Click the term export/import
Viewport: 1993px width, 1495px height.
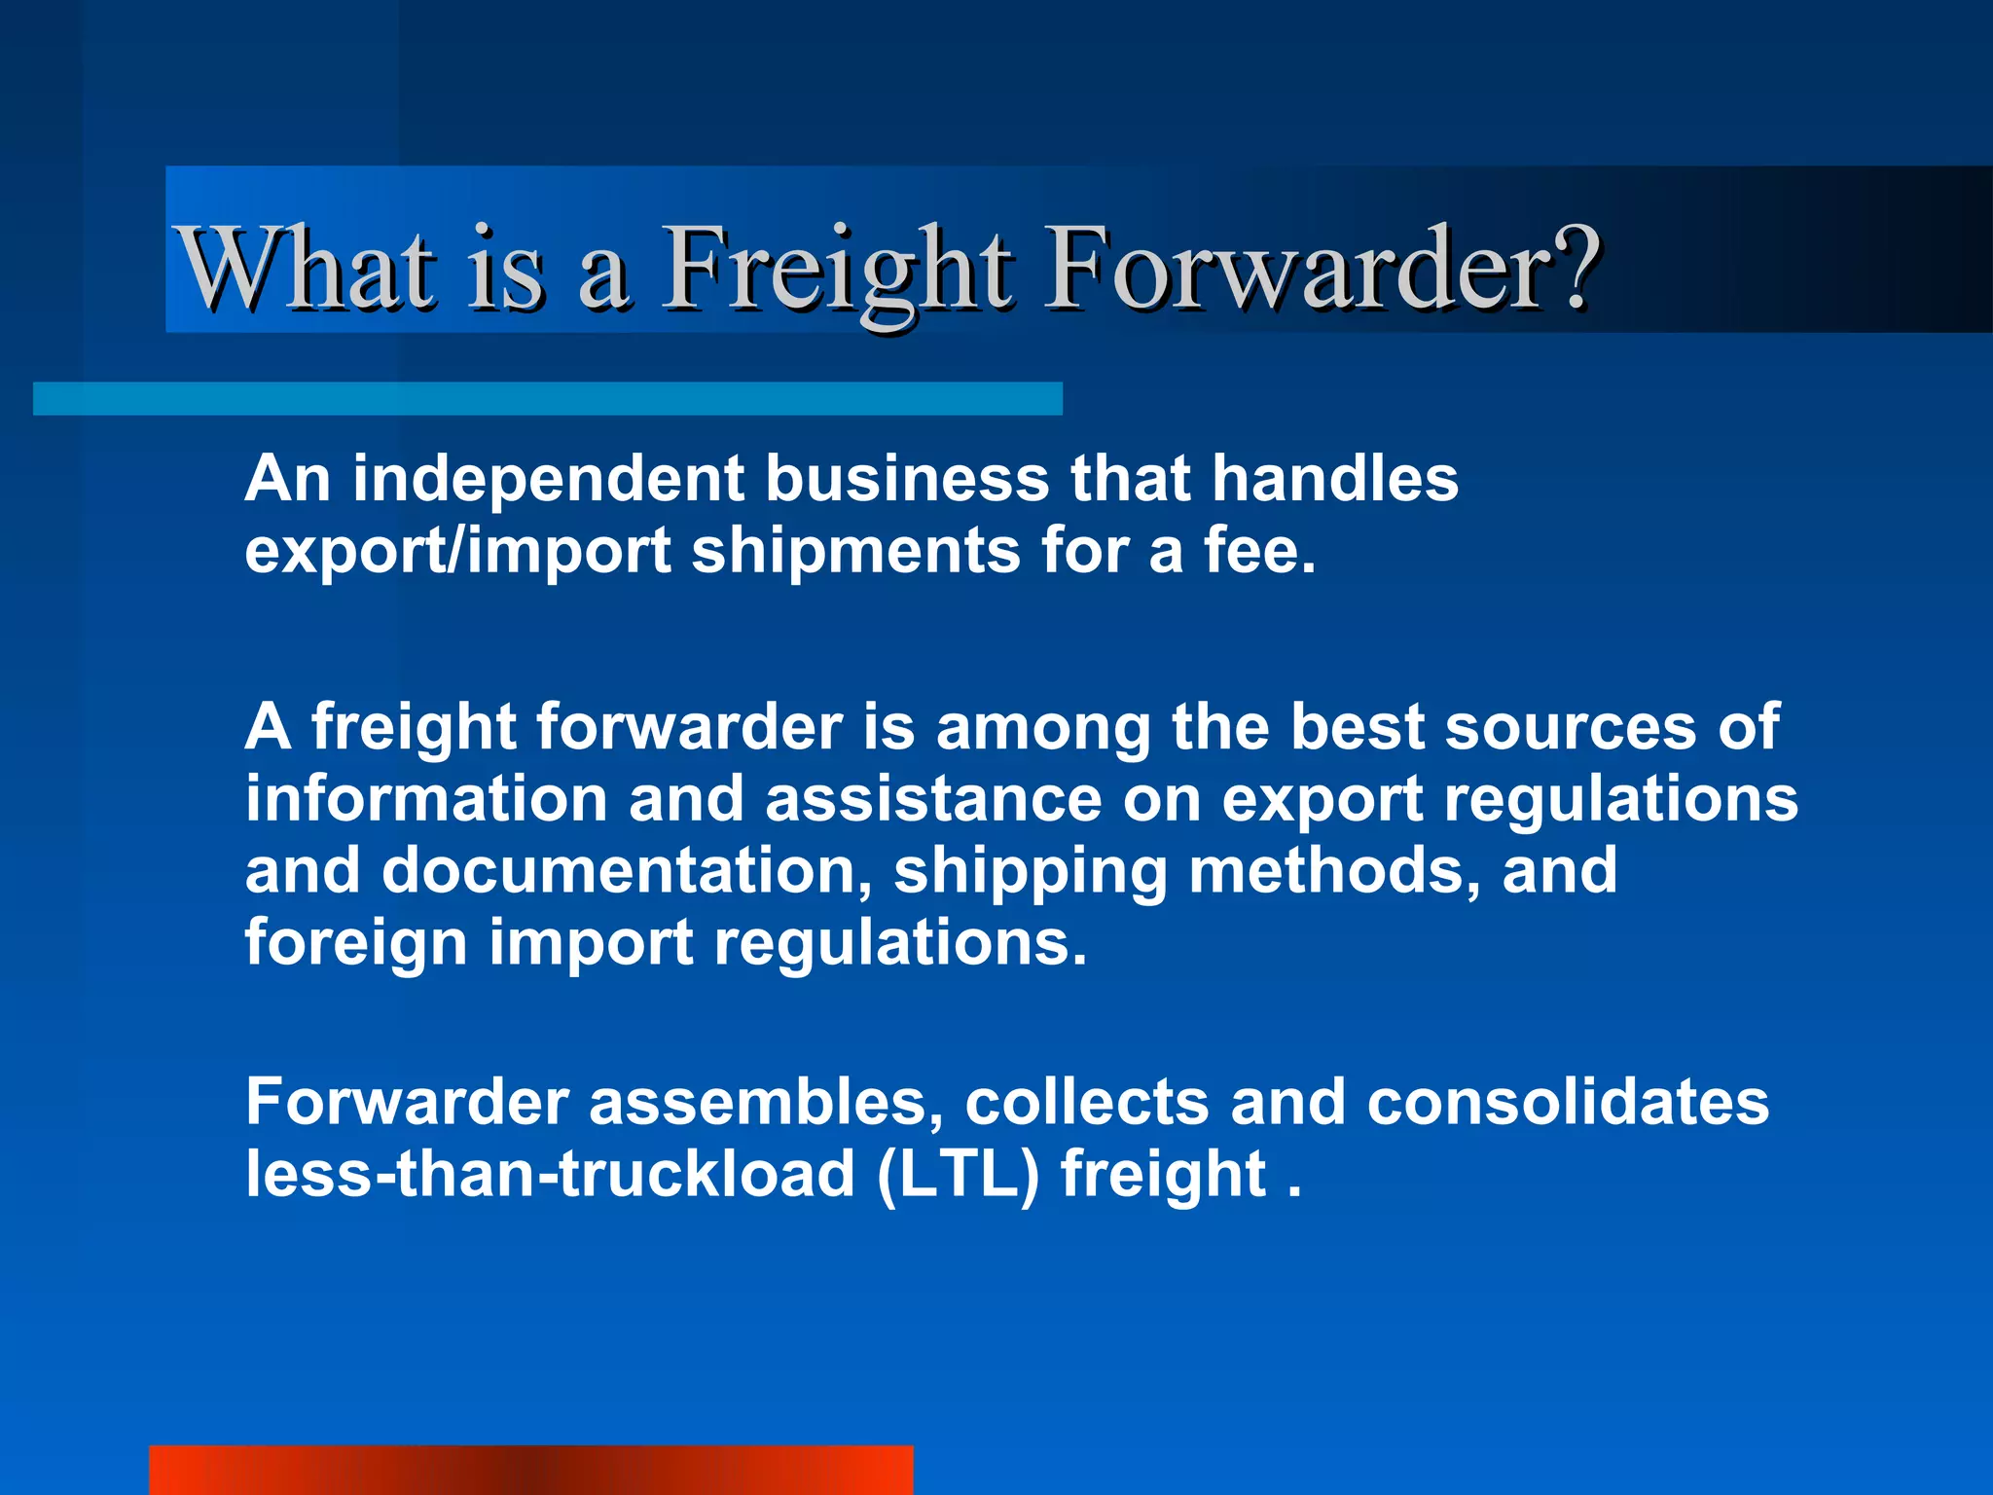coord(457,552)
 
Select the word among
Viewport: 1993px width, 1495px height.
coord(1042,728)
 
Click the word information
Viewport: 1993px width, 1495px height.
coord(426,799)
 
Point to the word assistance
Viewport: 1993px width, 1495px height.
coord(933,799)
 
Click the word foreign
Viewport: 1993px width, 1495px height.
coord(355,944)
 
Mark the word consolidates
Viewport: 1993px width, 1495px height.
coord(1567,1103)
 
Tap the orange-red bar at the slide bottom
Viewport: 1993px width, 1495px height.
coord(530,1471)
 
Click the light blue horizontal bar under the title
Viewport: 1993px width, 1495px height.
coord(547,399)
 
